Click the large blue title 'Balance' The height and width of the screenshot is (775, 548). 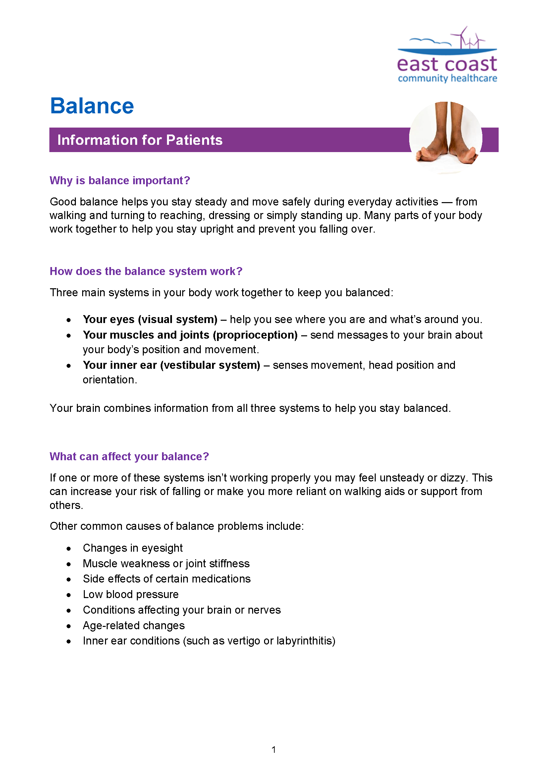tap(92, 106)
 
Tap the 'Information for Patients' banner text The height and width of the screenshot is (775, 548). tap(140, 140)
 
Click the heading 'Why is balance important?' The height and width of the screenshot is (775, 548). tap(120, 181)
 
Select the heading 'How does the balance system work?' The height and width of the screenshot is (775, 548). tap(146, 271)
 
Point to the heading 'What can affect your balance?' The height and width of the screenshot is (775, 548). tap(129, 456)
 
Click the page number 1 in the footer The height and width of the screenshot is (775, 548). tap(274, 750)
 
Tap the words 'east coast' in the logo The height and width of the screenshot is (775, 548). tap(447, 64)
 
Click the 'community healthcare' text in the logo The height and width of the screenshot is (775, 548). tap(447, 79)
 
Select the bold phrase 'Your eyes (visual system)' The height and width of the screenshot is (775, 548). tap(150, 319)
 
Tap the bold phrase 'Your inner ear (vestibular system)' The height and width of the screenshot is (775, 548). tap(171, 365)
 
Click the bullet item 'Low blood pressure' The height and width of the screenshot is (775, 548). tap(131, 594)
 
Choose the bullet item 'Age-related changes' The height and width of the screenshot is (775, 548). tap(134, 626)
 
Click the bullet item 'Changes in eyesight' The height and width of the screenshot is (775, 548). tap(133, 548)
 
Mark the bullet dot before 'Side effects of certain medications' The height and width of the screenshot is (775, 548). tap(69, 580)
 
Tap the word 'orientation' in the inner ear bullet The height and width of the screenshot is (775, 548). tap(109, 380)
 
